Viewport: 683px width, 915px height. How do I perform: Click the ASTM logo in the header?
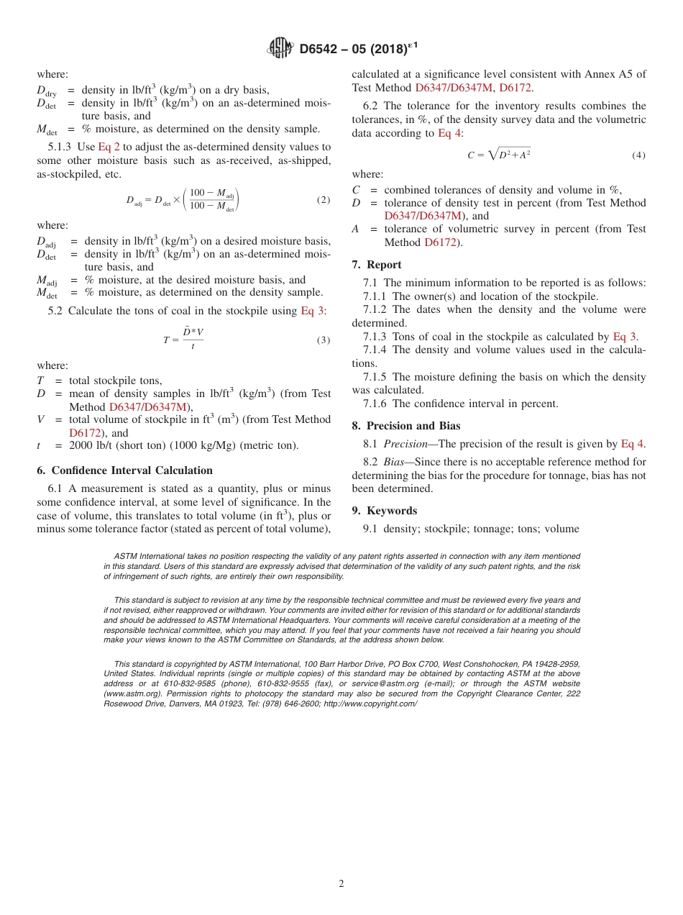(280, 48)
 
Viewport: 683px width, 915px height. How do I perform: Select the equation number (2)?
(324, 199)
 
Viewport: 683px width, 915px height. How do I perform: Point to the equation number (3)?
(324, 340)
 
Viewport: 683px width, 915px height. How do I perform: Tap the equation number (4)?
(638, 155)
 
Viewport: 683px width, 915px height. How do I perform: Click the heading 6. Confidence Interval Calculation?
(124, 470)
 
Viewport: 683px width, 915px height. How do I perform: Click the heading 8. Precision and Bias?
(406, 426)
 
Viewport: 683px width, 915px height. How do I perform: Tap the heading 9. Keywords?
(385, 511)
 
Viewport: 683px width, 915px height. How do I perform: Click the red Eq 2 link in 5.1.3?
(109, 147)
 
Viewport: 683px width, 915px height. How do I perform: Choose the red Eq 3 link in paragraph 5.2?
(313, 311)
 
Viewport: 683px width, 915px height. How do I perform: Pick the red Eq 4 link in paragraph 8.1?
(632, 444)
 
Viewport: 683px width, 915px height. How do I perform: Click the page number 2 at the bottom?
(341, 884)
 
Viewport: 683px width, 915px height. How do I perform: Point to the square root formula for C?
(498, 154)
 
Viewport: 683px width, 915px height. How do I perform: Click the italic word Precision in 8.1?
(405, 444)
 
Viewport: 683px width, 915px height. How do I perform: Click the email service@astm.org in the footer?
(384, 683)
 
